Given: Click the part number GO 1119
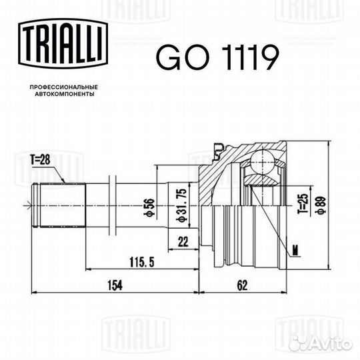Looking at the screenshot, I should click(215, 58).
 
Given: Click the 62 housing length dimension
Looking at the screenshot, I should click(242, 285).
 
